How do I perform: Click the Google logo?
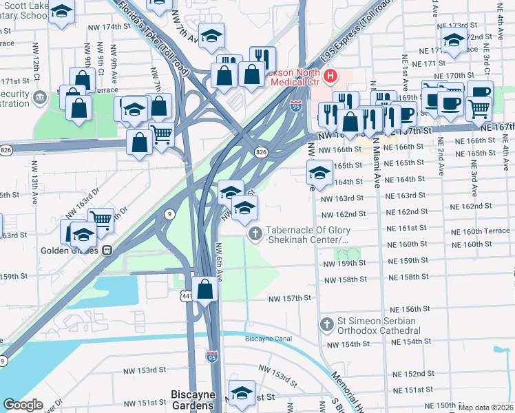pos(23,405)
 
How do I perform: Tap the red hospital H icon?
pos(330,74)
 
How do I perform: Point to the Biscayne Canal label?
pos(269,339)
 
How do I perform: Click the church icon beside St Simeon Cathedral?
pos(326,324)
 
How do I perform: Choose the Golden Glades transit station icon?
pos(107,251)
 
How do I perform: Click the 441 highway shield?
pos(187,296)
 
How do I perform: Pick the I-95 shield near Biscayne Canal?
pos(213,357)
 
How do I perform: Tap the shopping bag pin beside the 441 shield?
pos(205,289)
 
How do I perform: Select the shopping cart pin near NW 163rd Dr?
pos(101,220)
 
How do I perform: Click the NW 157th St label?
pos(290,297)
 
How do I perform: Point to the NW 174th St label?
pos(109,27)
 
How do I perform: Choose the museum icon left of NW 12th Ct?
pos(42,95)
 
